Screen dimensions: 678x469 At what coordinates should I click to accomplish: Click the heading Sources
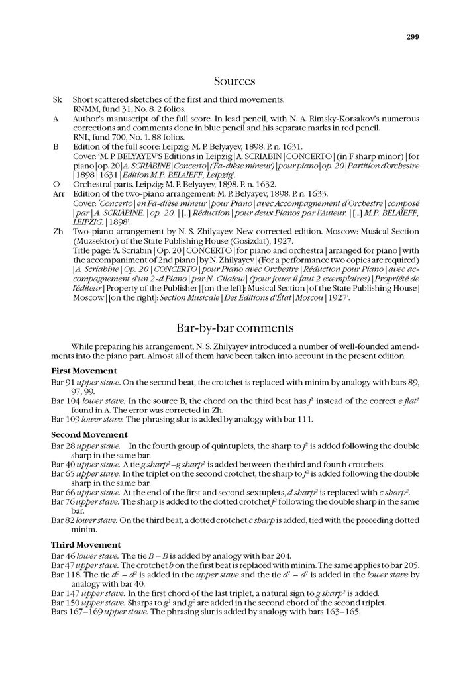234,81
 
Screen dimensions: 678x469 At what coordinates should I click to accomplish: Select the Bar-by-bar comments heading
234,328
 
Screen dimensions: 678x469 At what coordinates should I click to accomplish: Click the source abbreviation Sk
57,99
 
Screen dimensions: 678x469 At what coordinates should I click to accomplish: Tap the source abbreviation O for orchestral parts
56,183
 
